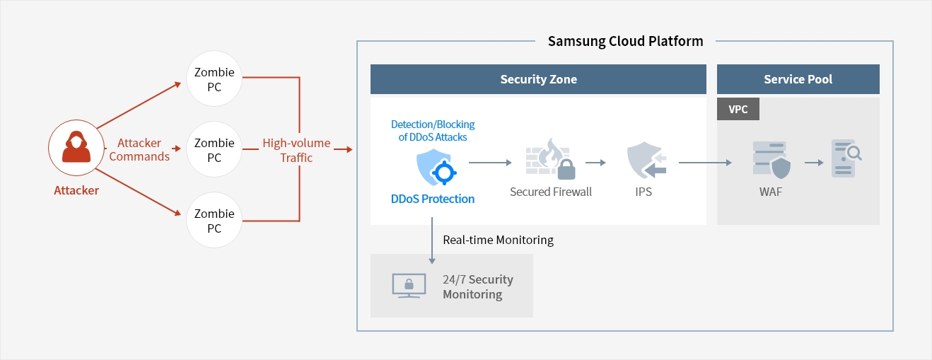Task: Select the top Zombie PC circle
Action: pyautogui.click(x=214, y=79)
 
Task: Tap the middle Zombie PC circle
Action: pyautogui.click(x=214, y=150)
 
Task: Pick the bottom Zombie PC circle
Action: pyautogui.click(x=214, y=221)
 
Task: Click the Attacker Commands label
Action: pyautogui.click(x=139, y=150)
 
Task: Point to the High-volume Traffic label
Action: pyautogui.click(x=296, y=150)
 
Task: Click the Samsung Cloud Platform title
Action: pyautogui.click(x=625, y=41)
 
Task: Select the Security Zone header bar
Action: pyautogui.click(x=538, y=79)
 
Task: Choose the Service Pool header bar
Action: pyautogui.click(x=798, y=79)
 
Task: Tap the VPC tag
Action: pyautogui.click(x=738, y=110)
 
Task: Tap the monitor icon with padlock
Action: pyautogui.click(x=409, y=285)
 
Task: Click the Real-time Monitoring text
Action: pyautogui.click(x=498, y=240)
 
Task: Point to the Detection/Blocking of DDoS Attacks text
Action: pyautogui.click(x=433, y=130)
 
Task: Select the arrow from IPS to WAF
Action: pyautogui.click(x=704, y=163)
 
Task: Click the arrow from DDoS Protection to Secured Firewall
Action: pyautogui.click(x=489, y=163)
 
